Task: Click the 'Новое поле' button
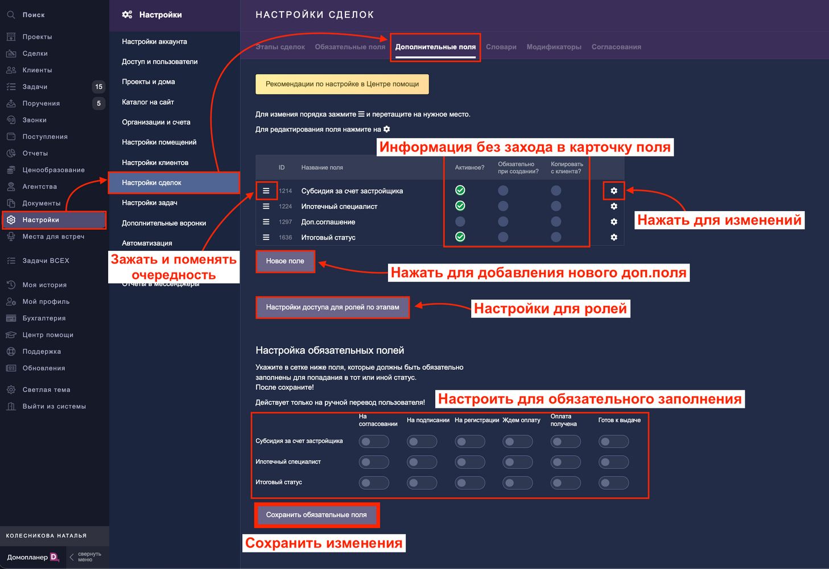click(x=285, y=261)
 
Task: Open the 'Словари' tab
click(x=501, y=47)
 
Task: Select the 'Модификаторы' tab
click(x=554, y=47)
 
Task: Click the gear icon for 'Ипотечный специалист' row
click(x=613, y=206)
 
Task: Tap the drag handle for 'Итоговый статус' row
click(x=266, y=237)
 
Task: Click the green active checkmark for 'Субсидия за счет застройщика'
click(x=460, y=190)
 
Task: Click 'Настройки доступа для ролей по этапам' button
click(x=332, y=307)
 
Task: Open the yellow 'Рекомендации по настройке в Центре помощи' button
click(x=342, y=84)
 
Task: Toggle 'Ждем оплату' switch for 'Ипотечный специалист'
click(x=517, y=462)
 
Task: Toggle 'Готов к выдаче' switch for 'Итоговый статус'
click(x=613, y=483)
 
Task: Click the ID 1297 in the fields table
click(x=285, y=222)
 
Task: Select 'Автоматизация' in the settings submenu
click(x=147, y=243)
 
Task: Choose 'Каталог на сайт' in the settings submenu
click(x=148, y=102)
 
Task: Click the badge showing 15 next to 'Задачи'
click(x=98, y=86)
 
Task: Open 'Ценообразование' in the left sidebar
click(x=53, y=170)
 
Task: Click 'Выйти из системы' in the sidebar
click(x=54, y=406)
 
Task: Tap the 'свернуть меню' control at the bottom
click(x=85, y=557)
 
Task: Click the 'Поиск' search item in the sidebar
click(x=34, y=15)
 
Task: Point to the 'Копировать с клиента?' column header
click(x=567, y=168)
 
